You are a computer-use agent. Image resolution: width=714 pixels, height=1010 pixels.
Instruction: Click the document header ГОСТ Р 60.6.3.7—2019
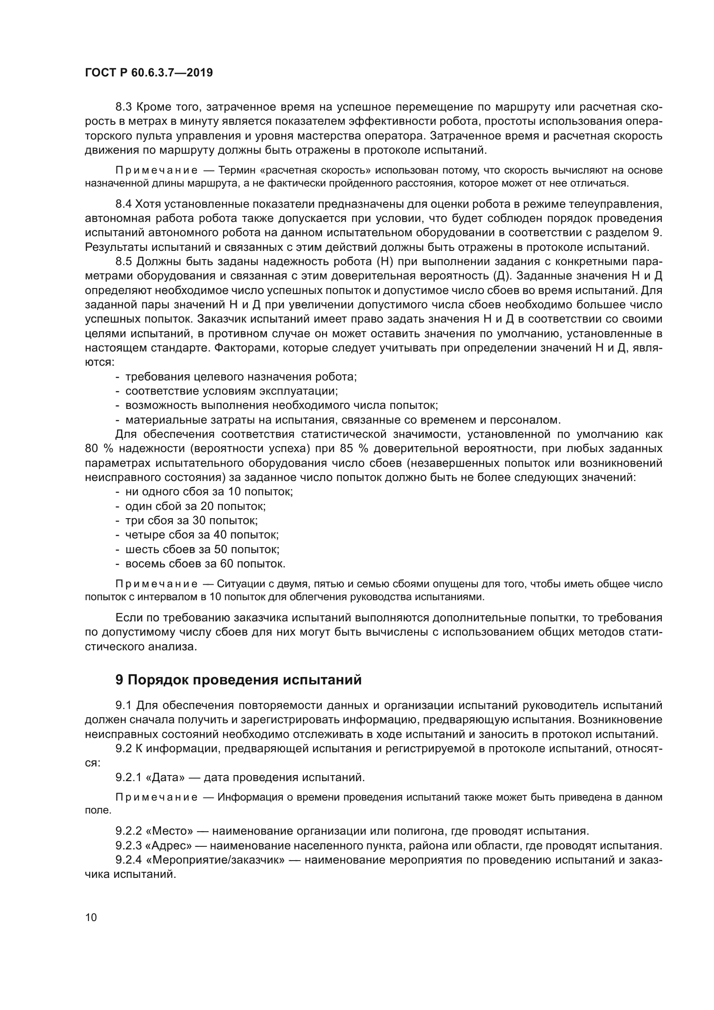(x=148, y=73)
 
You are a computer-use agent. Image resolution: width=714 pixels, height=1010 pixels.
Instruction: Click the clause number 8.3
(x=123, y=107)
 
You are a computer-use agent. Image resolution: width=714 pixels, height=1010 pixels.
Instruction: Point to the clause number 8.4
(x=123, y=204)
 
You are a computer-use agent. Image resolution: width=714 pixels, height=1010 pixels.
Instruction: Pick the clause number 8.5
(x=123, y=262)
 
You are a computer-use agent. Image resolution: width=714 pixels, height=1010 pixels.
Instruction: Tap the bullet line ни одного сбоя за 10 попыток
(x=209, y=492)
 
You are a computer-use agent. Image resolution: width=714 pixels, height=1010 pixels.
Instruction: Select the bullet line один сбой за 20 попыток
(x=196, y=507)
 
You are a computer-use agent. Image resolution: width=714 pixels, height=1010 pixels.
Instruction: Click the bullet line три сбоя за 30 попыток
(x=192, y=520)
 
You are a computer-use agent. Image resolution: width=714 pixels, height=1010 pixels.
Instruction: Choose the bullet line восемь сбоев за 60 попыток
(x=205, y=564)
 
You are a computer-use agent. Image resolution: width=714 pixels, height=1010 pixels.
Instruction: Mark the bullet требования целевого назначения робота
(x=241, y=377)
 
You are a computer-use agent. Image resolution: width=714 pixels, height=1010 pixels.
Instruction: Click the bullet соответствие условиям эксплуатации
(x=231, y=391)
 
